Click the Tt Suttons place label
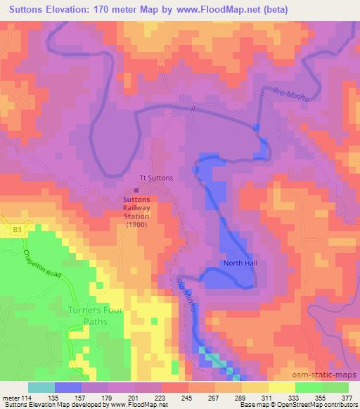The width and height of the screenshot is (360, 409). point(156,178)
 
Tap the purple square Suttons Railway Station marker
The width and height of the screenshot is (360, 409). point(136,189)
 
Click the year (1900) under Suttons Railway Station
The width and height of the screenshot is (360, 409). point(136,225)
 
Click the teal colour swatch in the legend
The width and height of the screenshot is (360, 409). point(41,387)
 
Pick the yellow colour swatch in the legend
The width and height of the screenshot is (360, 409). point(281,387)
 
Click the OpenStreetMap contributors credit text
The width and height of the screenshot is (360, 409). point(319,404)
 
